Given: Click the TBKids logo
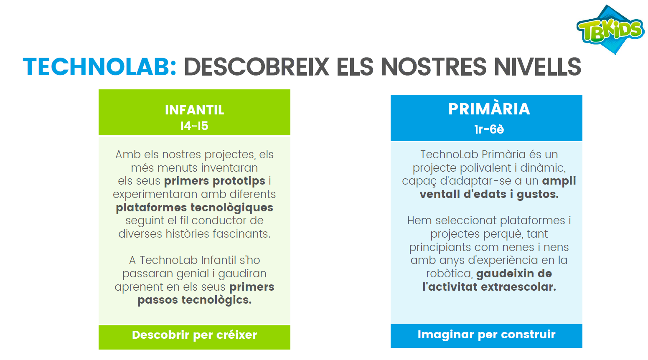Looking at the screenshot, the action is coord(610,30).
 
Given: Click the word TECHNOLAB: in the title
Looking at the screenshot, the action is coord(99,67).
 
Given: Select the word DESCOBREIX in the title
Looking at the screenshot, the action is coord(256,67).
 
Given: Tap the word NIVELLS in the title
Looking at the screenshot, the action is coord(537,67).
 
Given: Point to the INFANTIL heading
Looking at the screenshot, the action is coord(194,110).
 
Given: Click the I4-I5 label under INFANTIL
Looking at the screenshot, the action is coord(194,126).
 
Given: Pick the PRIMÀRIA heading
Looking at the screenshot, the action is coord(489,109).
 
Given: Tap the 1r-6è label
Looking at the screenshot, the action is coord(489,129).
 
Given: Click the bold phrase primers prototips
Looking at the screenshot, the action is coord(215,181).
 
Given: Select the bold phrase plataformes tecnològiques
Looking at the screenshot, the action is coord(194,208).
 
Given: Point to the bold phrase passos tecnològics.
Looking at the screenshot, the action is coord(194,300).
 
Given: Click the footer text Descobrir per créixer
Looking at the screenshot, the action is coord(194,335).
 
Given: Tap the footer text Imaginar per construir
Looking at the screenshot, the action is coord(486,334).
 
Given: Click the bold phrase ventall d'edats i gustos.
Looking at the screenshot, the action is coord(489,194).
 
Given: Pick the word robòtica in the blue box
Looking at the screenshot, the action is coord(449,274).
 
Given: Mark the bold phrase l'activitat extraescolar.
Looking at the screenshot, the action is coord(489,287).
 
